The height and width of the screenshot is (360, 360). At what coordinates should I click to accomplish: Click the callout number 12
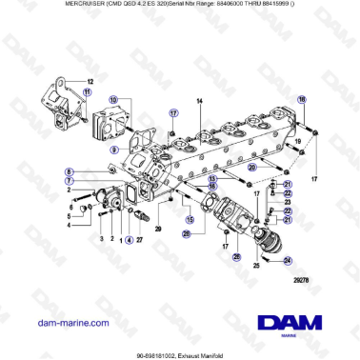(x=91, y=82)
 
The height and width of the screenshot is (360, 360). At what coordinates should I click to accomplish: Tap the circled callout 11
(x=87, y=92)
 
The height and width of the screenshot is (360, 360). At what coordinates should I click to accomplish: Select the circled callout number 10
(x=113, y=101)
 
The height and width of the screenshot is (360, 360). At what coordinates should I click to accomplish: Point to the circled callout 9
(x=113, y=149)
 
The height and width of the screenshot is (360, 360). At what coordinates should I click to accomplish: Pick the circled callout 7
(x=70, y=180)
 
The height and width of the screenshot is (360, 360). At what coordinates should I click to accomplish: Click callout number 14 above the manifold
(x=200, y=100)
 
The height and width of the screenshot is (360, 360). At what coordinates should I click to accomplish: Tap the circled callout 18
(x=303, y=100)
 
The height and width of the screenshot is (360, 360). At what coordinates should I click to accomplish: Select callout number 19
(x=299, y=140)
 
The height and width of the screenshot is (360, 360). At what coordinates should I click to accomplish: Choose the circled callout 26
(x=187, y=233)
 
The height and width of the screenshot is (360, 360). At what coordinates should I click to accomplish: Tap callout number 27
(x=139, y=240)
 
